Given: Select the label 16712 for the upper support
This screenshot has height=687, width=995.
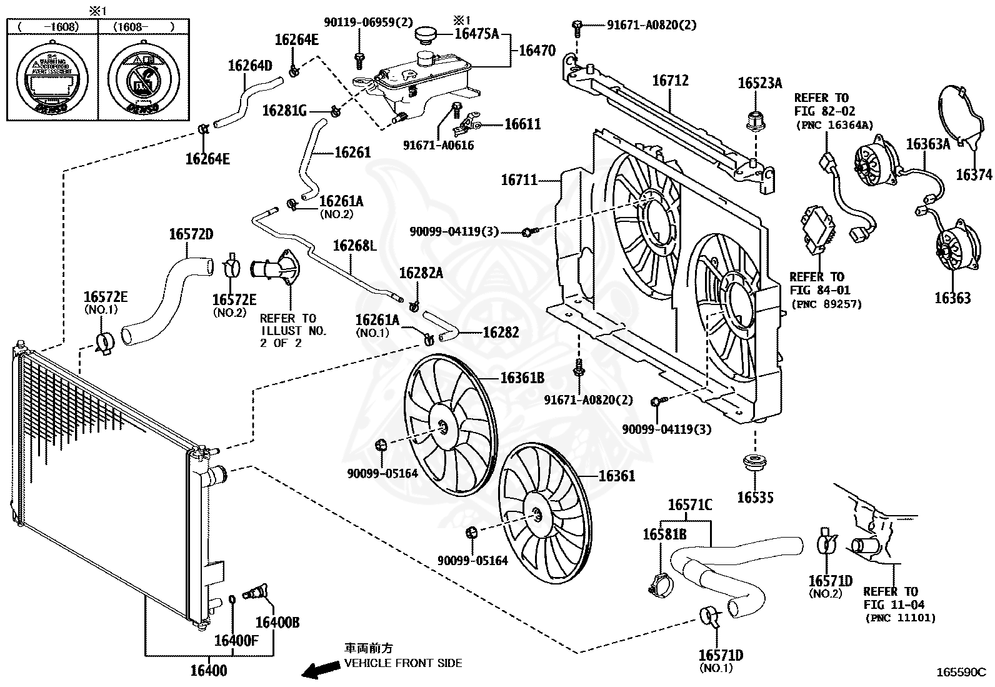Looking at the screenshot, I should click(670, 81).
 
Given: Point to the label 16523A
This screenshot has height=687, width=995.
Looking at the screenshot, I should click(759, 83).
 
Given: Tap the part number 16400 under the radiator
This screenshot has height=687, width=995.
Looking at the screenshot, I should click(208, 671).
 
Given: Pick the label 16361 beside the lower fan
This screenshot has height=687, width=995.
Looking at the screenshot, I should click(616, 476).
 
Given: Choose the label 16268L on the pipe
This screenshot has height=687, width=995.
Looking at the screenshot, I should click(354, 246).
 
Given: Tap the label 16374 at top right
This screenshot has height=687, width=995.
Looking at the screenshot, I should click(974, 175).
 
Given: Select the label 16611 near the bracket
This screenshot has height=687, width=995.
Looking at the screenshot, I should click(522, 124).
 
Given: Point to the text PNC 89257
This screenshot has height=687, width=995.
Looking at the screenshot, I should click(826, 304).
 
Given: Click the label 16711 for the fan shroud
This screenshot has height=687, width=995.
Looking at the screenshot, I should click(519, 180).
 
